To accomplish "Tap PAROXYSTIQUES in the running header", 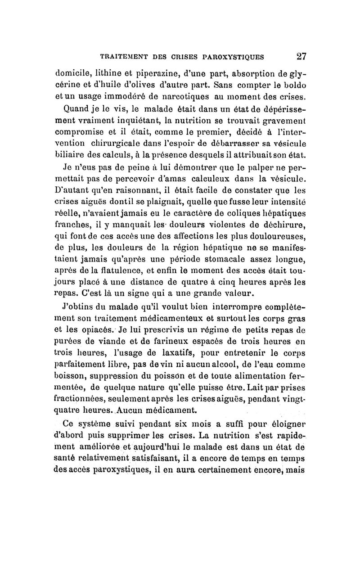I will coord(234,57).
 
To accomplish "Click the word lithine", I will coord(104,73).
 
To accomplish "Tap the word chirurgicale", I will coord(113,144).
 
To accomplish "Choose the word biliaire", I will coord(67,156).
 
